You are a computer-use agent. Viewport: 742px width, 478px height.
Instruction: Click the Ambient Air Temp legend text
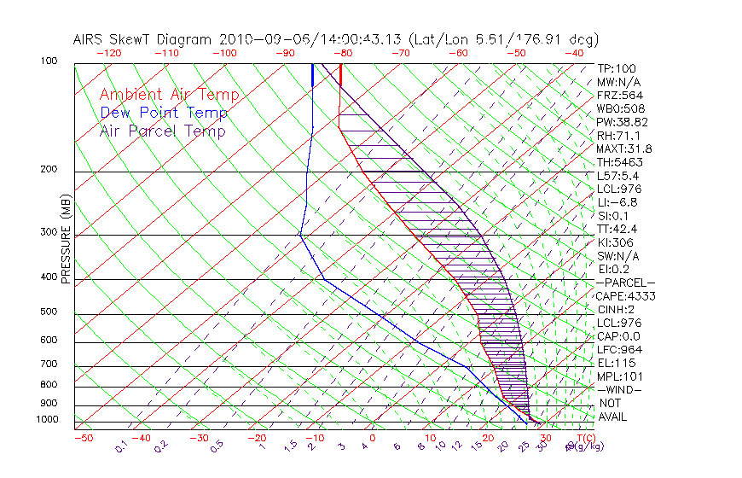coord(169,95)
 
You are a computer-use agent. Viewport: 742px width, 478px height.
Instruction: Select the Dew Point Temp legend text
coord(164,113)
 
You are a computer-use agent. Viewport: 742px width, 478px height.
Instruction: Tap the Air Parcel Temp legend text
coord(162,131)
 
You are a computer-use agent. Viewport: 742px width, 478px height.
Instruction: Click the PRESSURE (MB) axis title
coord(67,239)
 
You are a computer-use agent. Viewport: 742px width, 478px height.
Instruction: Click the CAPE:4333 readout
coord(621,296)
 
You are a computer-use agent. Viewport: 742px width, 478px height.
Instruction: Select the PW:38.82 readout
coord(618,122)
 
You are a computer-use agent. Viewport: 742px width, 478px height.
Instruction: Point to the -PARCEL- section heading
coord(626,283)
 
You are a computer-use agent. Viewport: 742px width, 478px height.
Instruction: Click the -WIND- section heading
coord(620,389)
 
